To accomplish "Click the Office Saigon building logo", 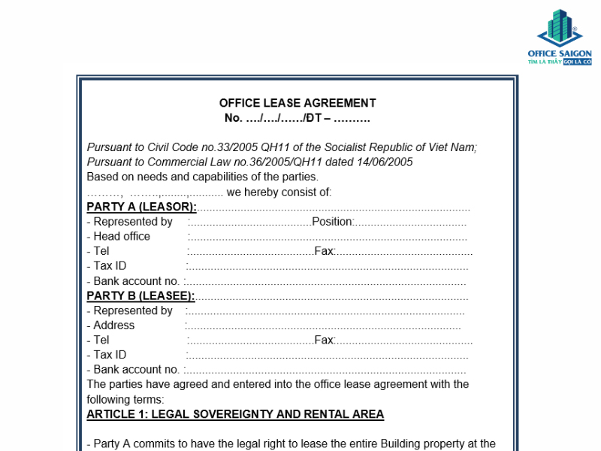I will click(x=560, y=28).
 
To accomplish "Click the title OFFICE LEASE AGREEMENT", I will click(x=297, y=103).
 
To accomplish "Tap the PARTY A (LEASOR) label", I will click(x=142, y=207).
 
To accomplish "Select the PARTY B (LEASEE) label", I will click(x=140, y=295).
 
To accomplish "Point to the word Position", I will click(x=332, y=222).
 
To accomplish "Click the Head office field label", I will click(x=122, y=236).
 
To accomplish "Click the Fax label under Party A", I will click(x=324, y=251).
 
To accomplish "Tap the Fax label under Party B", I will click(x=324, y=340).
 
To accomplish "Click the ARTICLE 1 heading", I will click(x=235, y=414).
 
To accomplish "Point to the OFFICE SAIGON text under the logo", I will click(x=560, y=53).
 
